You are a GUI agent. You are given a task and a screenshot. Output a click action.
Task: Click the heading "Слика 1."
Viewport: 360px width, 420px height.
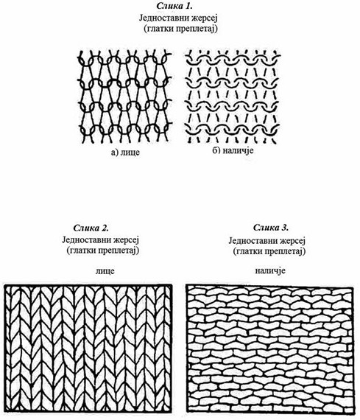tap(174, 6)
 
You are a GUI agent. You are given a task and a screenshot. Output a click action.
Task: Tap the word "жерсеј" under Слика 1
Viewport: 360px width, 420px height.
tap(204, 18)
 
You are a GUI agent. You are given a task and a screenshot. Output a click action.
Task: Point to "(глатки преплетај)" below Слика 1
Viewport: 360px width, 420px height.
tap(180, 29)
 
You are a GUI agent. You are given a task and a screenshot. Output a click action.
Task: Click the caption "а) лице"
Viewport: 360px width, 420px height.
tap(125, 152)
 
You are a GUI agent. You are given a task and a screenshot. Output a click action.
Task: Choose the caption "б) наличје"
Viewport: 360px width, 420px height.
tap(233, 150)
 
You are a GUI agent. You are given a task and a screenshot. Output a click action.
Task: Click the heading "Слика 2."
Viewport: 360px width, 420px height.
tap(91, 228)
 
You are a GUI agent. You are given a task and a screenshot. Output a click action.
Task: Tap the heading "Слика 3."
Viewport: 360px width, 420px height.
tap(271, 228)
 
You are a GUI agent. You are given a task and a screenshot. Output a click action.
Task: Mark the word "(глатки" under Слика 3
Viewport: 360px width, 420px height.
tap(247, 251)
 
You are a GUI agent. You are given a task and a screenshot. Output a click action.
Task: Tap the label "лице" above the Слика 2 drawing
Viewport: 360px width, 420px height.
tap(105, 271)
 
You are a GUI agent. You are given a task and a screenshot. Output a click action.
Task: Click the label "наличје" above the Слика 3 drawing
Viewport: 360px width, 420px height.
tap(269, 271)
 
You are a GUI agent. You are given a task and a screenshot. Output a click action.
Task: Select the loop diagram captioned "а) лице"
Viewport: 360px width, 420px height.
tap(124, 97)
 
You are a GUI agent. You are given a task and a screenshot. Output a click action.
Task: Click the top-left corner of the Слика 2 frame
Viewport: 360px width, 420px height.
tap(5, 285)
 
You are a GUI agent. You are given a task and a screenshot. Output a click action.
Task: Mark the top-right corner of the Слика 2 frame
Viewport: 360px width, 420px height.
tap(172, 285)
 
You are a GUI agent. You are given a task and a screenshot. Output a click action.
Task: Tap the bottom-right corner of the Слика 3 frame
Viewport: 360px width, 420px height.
tap(355, 413)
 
